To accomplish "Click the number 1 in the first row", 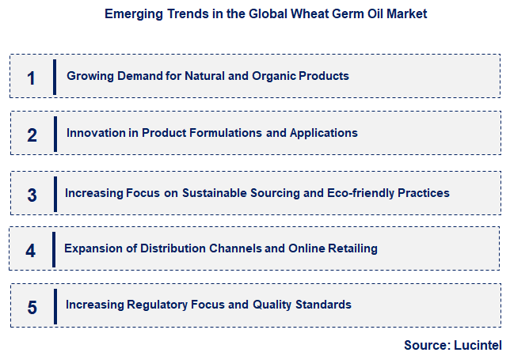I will click(x=31, y=78).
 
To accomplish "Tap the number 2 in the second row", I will click(x=32, y=135).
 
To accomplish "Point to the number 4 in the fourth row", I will click(x=31, y=251).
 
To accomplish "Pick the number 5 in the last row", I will click(x=32, y=307).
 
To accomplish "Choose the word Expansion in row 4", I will click(x=93, y=248).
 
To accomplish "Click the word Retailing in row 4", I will click(x=351, y=248).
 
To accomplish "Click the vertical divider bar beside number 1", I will click(x=55, y=77).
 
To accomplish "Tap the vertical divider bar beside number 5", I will click(x=55, y=306).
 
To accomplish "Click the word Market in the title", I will click(x=405, y=14).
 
